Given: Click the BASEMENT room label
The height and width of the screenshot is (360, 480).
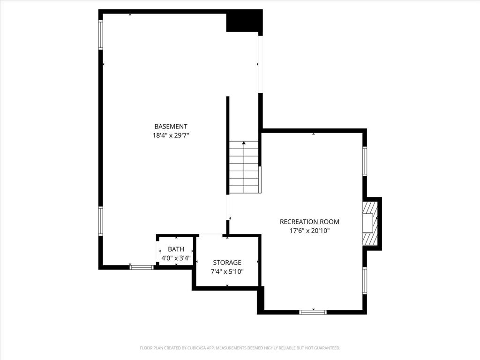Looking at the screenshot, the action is coord(171,127).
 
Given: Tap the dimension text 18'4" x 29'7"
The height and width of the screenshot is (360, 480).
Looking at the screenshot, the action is coord(171,135).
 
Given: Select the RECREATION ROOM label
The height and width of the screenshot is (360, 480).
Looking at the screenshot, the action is coord(309,222).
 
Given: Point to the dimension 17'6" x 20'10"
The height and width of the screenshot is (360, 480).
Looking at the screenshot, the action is coord(309,231).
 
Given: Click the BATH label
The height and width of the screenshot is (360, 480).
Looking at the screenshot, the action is coord(176,249).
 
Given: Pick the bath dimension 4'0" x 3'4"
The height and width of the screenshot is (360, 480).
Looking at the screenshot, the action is coord(176,258).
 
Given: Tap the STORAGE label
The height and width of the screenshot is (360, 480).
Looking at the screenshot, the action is coord(227,262).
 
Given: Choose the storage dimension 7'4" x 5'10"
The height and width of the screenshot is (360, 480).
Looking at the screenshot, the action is coord(227,271).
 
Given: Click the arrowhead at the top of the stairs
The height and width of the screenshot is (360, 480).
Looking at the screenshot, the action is coord(244,142).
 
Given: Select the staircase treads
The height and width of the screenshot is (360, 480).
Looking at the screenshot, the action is coord(244,167).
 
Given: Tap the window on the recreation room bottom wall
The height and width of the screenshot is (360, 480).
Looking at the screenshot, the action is coord(313,312).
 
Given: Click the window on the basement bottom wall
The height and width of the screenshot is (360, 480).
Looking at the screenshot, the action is coord(142,267).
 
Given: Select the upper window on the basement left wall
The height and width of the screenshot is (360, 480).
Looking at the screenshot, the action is coord(100,35).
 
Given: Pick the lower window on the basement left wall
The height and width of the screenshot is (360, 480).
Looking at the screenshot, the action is coord(100,221).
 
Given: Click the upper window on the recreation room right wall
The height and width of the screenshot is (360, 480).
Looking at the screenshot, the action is coord(365,161).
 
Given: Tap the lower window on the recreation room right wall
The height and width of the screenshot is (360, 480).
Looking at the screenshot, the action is coord(365,280).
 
